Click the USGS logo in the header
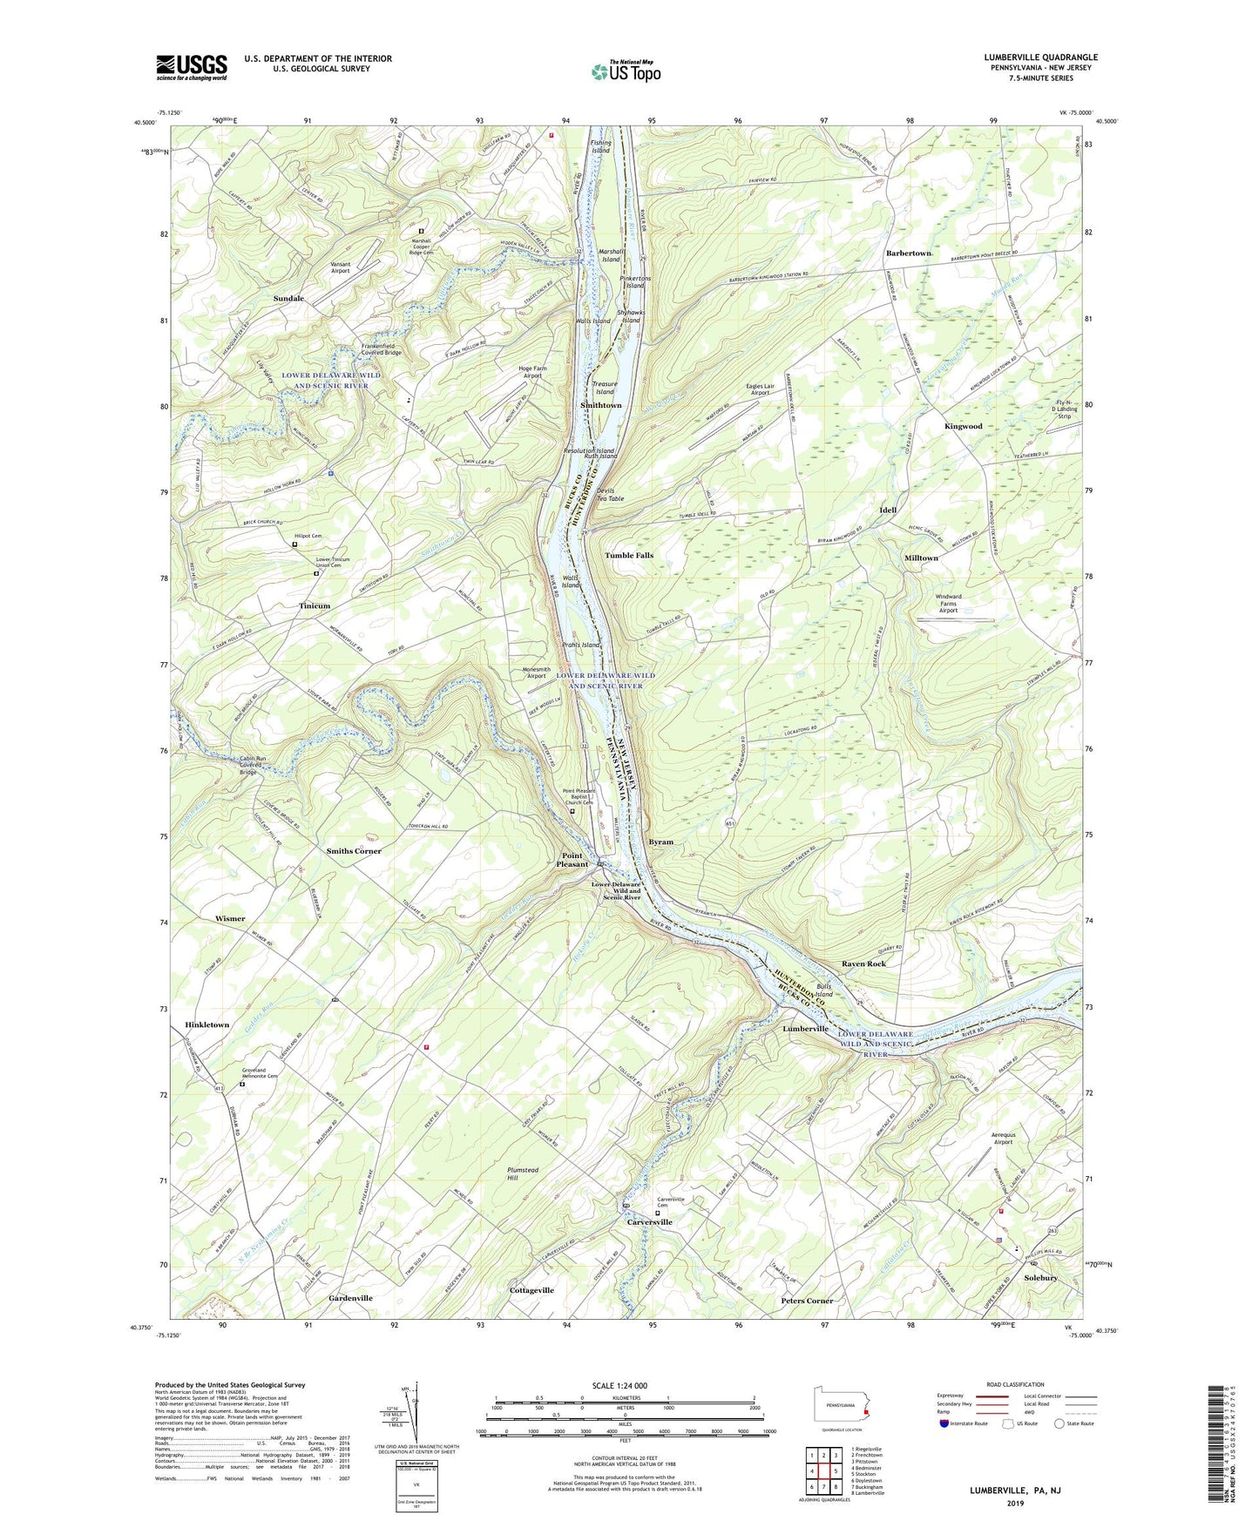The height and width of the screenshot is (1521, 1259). click(192, 67)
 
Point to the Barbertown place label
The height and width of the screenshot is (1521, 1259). click(909, 253)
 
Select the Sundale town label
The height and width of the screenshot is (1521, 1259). click(288, 299)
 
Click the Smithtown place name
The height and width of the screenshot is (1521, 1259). click(601, 406)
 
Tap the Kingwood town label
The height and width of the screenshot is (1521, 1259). click(963, 427)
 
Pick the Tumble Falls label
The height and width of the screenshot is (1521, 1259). click(629, 556)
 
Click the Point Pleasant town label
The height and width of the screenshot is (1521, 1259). click(572, 860)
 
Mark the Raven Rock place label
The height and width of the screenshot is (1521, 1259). click(863, 963)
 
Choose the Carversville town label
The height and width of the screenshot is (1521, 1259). click(650, 1222)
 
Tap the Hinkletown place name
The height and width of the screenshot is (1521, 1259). click(207, 1025)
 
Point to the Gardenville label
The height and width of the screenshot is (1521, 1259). click(350, 1298)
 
